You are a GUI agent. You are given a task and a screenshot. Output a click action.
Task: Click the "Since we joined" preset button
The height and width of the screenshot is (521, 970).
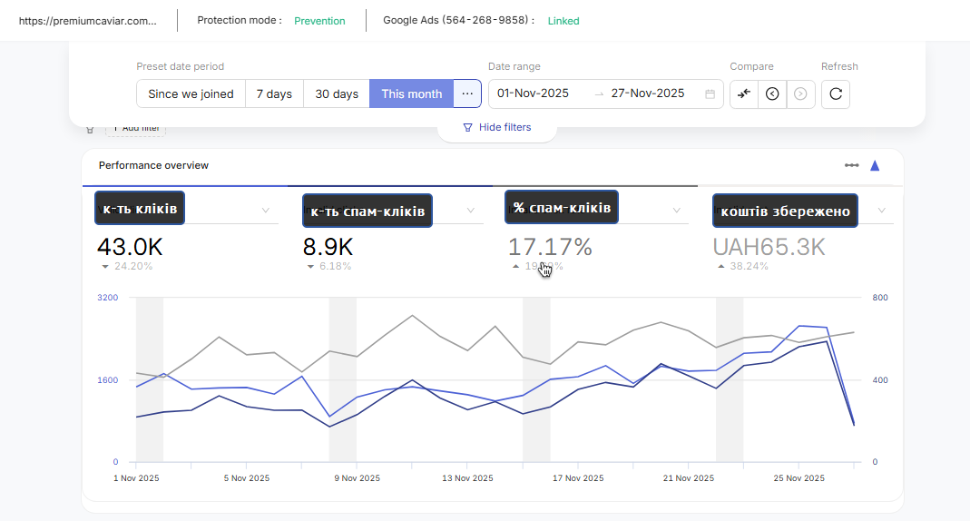coord(191,93)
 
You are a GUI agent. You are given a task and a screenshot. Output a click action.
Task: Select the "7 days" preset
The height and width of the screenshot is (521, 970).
coord(274,93)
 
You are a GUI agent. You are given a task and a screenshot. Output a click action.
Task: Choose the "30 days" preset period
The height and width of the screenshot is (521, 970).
coord(337,93)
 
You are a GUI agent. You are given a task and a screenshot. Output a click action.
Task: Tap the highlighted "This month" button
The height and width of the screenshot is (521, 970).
coord(411,93)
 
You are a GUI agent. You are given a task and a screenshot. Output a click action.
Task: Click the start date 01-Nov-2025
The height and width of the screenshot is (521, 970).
coord(533,93)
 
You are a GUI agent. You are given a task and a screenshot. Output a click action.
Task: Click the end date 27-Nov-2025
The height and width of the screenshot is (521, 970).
coord(647,93)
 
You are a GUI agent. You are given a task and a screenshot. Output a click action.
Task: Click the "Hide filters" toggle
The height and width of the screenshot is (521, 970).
coord(497,127)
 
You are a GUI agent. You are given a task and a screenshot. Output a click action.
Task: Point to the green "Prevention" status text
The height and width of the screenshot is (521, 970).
coord(319,21)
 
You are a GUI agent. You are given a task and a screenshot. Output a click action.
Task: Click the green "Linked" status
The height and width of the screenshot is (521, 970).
coord(563,21)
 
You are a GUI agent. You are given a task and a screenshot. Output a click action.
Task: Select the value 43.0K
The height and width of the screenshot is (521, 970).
coord(129,247)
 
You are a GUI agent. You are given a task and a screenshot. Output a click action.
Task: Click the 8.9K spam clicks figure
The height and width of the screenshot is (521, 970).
coord(328,247)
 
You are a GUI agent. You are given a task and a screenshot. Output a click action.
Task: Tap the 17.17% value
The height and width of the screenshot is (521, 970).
coord(550,247)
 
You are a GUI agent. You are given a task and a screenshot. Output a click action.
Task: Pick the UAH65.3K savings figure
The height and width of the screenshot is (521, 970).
coord(769,247)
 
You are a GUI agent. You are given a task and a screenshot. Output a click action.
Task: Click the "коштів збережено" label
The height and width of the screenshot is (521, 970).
coord(785,211)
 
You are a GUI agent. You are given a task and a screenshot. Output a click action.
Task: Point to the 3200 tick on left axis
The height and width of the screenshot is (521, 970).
coord(107,298)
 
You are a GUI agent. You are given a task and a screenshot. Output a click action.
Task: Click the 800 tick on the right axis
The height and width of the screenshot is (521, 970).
coord(880,298)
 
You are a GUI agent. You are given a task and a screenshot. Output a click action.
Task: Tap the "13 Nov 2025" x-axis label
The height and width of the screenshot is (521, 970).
coord(466,478)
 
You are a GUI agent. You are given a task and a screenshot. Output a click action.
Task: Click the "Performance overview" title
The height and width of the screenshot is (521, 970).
coord(153,165)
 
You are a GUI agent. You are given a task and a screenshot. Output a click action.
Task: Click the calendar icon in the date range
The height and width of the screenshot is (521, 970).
coord(710,93)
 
